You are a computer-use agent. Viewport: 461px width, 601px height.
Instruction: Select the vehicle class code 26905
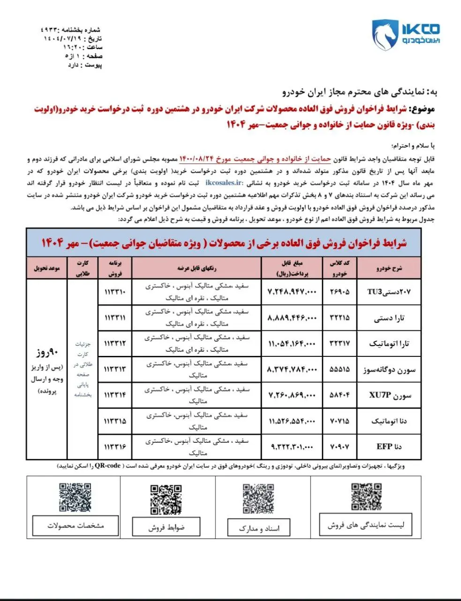[x=339, y=292]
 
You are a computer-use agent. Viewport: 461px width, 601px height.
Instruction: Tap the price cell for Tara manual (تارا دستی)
[x=292, y=318]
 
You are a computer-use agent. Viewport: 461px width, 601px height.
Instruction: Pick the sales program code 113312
[x=115, y=343]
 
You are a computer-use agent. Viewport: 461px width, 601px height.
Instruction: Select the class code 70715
[x=339, y=421]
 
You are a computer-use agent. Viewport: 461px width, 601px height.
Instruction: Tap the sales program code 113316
[x=115, y=447]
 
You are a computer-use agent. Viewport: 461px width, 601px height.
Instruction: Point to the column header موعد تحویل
[x=47, y=268]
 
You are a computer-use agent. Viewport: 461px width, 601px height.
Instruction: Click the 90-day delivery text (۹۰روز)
[x=47, y=352]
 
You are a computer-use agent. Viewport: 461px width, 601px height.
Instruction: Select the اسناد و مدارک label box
[x=259, y=528]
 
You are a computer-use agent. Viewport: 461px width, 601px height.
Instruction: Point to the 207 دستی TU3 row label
[x=389, y=292]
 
